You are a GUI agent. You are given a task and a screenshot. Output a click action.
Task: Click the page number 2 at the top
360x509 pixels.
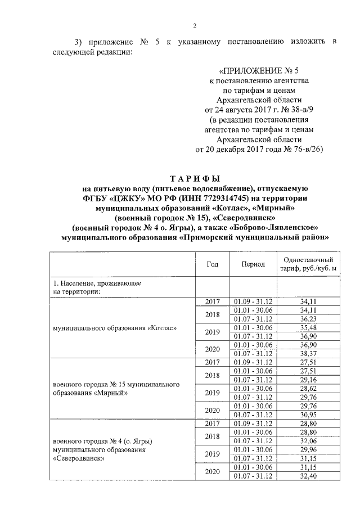point(195,25)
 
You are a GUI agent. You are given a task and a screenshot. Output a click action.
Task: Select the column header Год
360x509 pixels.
point(213,264)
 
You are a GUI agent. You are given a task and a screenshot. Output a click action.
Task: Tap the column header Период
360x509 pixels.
point(253,264)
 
